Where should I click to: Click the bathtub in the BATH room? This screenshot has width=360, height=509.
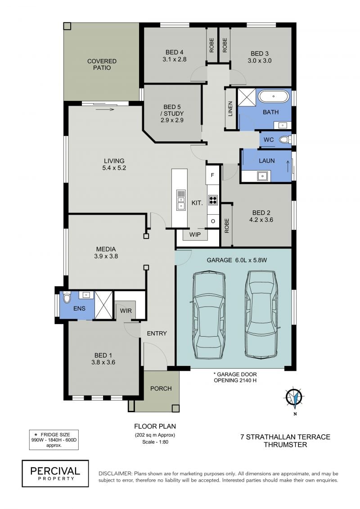(273, 96)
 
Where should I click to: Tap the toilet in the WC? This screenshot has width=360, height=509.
(285, 140)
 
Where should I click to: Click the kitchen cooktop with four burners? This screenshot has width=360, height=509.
(212, 200)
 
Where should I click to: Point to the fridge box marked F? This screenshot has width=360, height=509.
(212, 175)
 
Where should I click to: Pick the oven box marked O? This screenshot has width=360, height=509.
(213, 221)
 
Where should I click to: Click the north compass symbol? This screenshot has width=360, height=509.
(294, 398)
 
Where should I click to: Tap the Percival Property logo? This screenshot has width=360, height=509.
(55, 473)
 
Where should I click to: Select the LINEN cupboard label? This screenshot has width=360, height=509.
(230, 109)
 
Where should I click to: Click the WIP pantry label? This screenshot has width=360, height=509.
(195, 234)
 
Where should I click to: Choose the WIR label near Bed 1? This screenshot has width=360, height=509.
(126, 311)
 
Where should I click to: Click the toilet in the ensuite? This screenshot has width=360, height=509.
(67, 297)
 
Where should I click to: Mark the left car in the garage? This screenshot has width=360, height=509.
(209, 315)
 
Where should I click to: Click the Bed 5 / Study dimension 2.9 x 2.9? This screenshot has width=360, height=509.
(172, 120)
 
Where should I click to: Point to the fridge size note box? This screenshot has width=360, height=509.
(54, 440)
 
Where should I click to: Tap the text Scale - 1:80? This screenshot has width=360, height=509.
(155, 442)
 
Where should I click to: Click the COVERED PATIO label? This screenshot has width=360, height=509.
(102, 64)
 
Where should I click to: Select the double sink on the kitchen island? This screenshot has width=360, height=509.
(180, 200)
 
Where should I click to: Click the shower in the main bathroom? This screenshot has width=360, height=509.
(247, 97)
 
